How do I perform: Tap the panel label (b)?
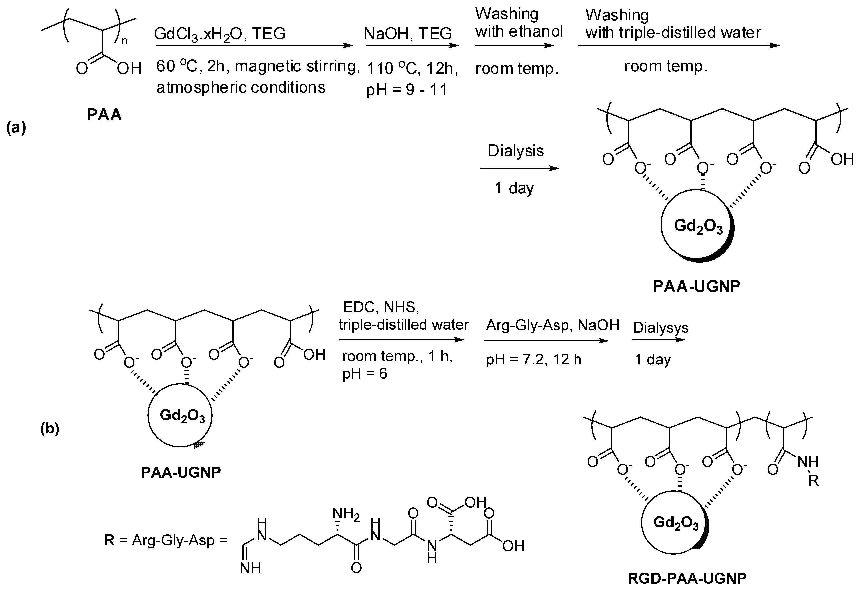click(x=50, y=429)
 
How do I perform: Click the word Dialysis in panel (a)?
click(x=516, y=151)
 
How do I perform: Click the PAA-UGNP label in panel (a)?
click(x=696, y=286)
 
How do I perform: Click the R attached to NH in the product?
click(x=813, y=481)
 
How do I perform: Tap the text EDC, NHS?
click(x=381, y=307)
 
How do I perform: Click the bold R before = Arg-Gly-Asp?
click(x=109, y=540)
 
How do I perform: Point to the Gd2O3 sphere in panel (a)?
click(x=698, y=226)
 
